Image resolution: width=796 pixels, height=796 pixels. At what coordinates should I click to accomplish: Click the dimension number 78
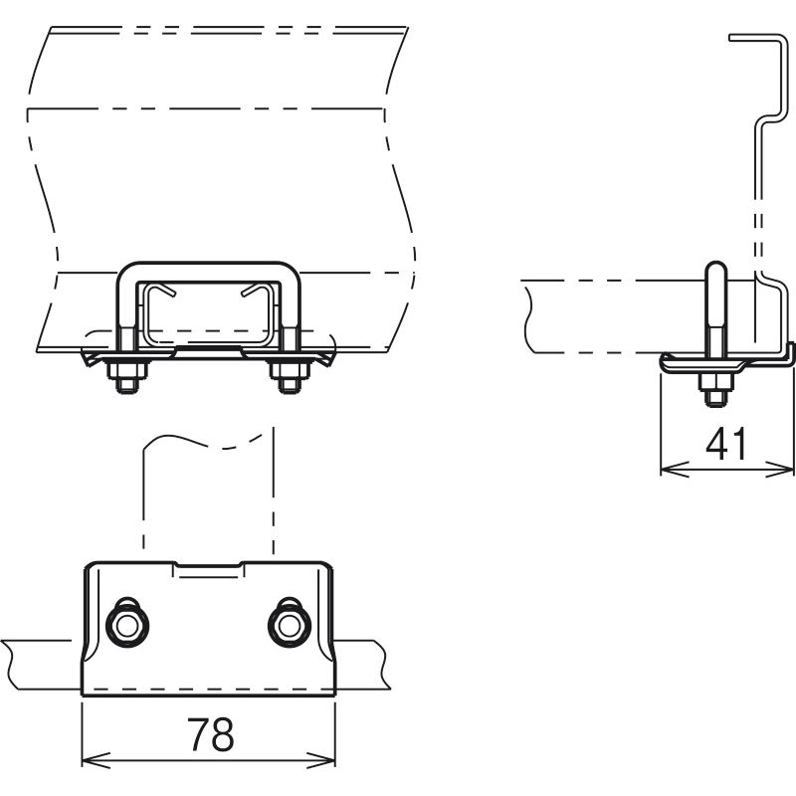click(210, 735)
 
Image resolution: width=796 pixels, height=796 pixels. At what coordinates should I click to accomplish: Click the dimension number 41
click(727, 443)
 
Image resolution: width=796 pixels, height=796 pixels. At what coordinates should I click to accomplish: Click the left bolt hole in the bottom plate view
click(127, 624)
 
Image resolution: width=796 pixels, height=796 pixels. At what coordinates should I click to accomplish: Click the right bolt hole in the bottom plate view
click(289, 624)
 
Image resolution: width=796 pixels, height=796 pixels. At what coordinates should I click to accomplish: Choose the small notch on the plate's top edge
click(208, 569)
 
